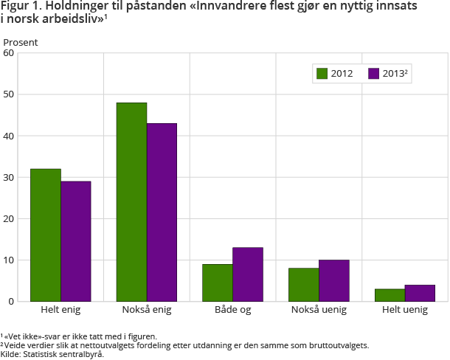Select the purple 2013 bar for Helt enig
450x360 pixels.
point(76,241)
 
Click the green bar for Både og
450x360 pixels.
point(218,283)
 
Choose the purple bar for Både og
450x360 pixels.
point(248,274)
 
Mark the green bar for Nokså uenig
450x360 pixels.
point(304,285)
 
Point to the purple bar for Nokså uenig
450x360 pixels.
point(334,280)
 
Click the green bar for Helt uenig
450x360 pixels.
point(390,295)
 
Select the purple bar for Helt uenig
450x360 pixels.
point(420,293)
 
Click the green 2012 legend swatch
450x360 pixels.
point(322,73)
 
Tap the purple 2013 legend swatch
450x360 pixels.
point(373,73)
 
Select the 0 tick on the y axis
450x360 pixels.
point(12,301)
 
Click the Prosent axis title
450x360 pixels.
point(21,42)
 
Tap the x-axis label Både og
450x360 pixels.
point(232,310)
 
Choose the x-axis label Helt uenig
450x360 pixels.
point(405,310)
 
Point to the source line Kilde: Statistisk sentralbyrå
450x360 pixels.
point(52,354)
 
